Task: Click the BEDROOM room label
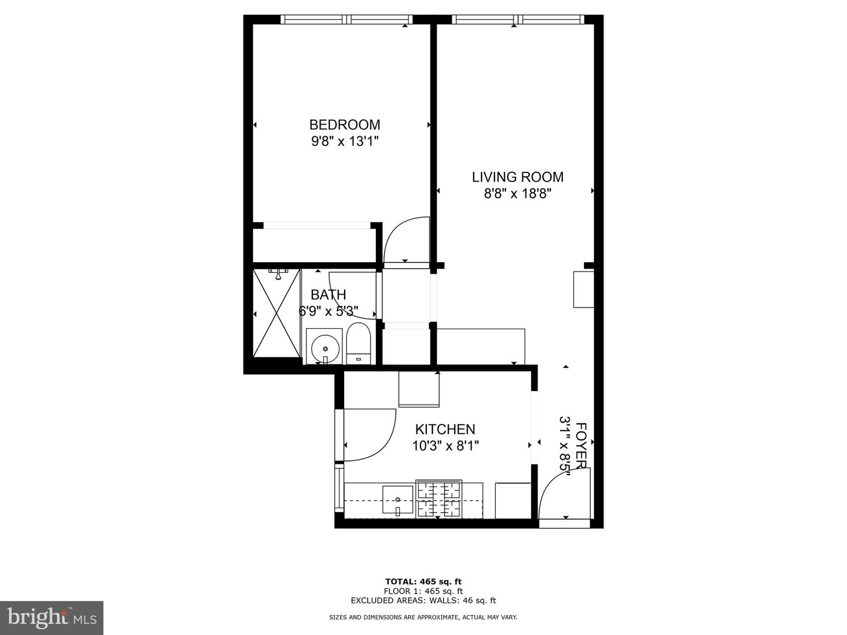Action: (345, 125)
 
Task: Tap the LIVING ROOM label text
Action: (518, 177)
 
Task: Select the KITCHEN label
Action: (445, 429)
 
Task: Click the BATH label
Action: (328, 295)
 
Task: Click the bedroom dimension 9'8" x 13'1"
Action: (345, 142)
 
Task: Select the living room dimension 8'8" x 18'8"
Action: (518, 194)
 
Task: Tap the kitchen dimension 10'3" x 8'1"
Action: (445, 446)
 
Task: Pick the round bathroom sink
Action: (325, 349)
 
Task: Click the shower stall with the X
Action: (276, 313)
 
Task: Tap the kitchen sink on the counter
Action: (398, 500)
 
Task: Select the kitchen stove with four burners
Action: (439, 499)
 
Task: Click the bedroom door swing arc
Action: (406, 240)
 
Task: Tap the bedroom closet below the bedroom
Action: (315, 243)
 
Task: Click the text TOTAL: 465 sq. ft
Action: (423, 581)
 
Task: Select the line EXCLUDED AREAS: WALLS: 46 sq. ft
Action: (423, 600)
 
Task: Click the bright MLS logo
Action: (52, 617)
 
